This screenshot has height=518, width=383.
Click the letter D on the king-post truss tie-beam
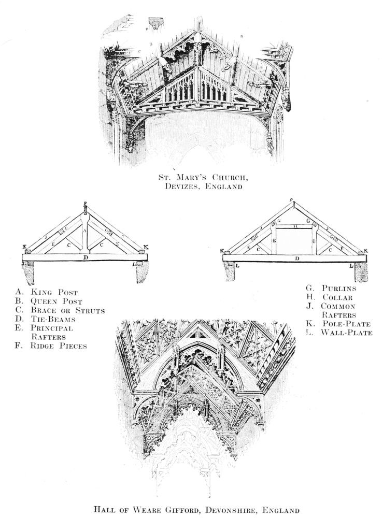86,257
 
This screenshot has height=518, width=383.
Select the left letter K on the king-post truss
24,247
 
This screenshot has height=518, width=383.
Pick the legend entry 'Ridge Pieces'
58,346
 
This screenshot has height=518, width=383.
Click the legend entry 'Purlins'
339,288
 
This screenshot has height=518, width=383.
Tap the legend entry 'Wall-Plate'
346,333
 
